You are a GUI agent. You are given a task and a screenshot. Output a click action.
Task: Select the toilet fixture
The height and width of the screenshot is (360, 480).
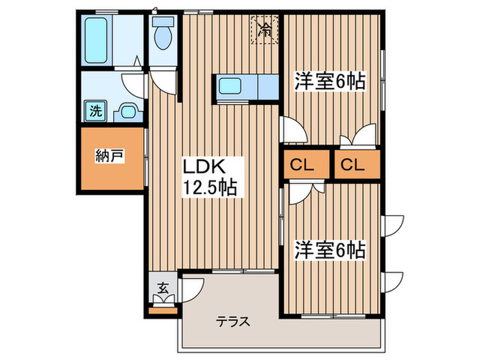tap(163, 34)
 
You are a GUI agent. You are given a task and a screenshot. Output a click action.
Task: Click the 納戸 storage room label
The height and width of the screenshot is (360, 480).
tap(110, 157)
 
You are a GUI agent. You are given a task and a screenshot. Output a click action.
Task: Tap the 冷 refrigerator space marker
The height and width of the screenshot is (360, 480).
tap(265, 29)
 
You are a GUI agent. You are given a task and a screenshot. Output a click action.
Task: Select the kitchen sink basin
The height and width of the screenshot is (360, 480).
tap(229, 87)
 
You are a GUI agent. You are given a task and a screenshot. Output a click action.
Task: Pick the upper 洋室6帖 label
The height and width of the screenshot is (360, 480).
tap(328, 81)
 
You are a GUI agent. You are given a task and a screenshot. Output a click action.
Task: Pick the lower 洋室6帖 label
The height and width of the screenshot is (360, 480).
tap(328, 249)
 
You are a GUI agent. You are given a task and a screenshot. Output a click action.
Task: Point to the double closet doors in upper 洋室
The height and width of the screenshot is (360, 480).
tap(359, 136)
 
